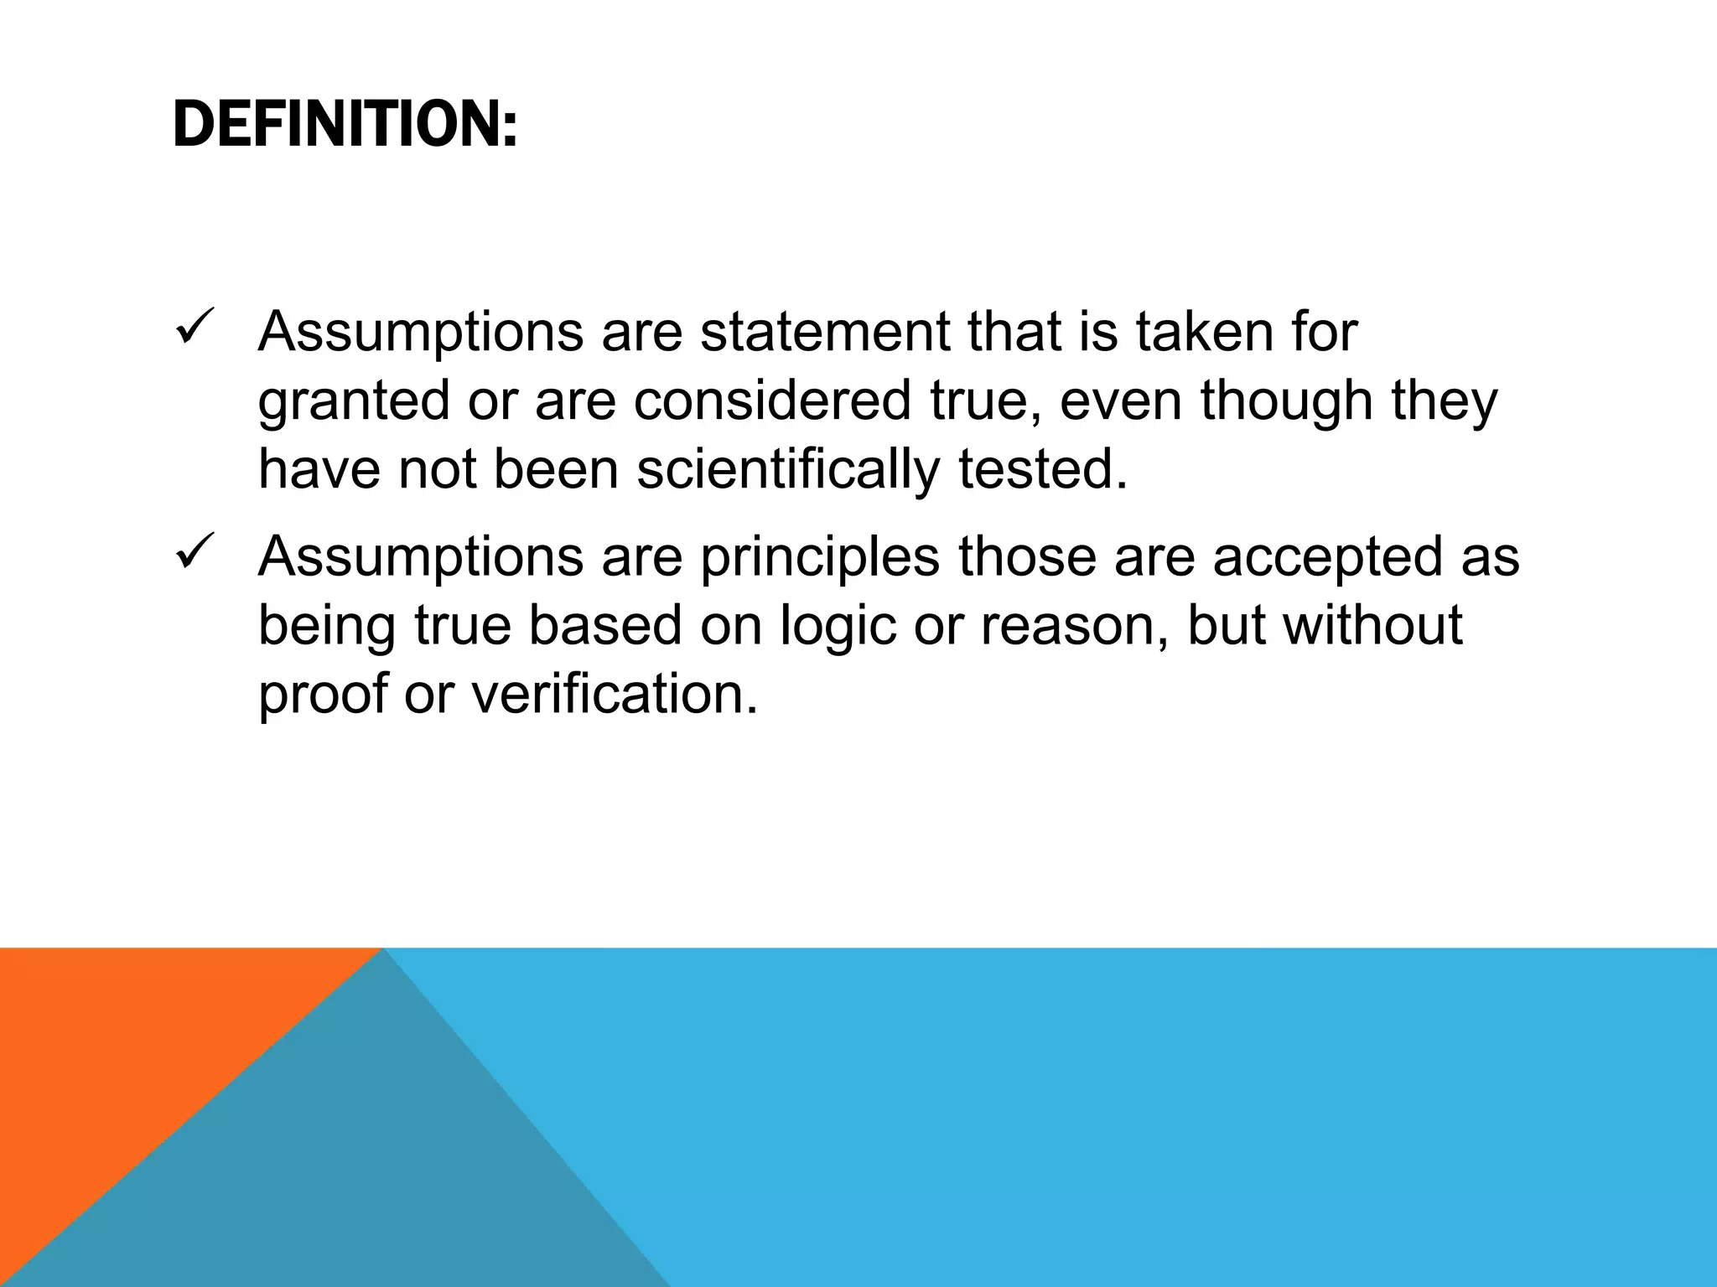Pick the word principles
[820, 558]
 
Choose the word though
[1286, 402]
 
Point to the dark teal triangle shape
[377, 1173]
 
